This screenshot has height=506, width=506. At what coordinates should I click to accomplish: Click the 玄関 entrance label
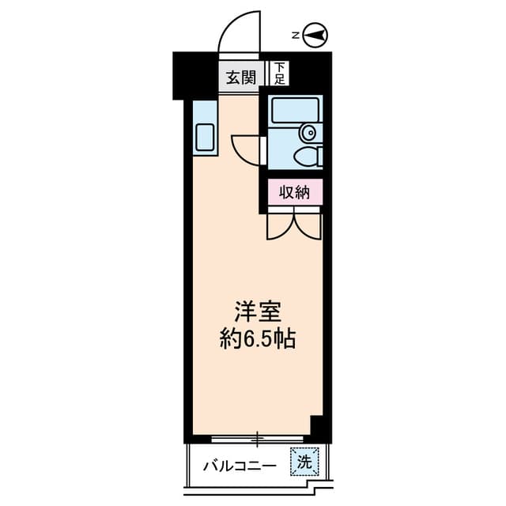coord(240,77)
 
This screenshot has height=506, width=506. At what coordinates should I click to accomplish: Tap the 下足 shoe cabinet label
coord(280,74)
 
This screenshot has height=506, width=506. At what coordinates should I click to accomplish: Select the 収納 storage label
coord(294,191)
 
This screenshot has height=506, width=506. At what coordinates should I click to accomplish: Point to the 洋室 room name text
coord(257,311)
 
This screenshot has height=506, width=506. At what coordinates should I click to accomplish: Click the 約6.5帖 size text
coord(257,339)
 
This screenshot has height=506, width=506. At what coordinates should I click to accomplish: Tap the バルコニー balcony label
coord(239,465)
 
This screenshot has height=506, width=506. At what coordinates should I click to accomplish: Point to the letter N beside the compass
coord(294,36)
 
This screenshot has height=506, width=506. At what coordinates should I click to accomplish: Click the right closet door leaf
coord(309,224)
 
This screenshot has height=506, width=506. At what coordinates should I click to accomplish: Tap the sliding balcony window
coord(258,437)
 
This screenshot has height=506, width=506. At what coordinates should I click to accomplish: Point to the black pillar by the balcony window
coord(319,428)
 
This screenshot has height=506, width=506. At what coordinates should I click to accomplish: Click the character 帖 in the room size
coord(286,339)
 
